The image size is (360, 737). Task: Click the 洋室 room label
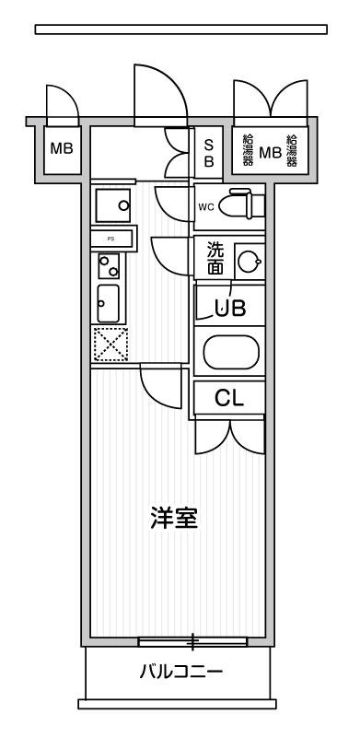pyautogui.click(x=173, y=518)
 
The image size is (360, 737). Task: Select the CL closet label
pyautogui.click(x=227, y=399)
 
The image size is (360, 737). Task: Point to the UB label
pyautogui.click(x=230, y=309)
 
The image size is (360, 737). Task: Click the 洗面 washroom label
pyautogui.click(x=214, y=258)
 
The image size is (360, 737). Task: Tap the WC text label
pyautogui.click(x=205, y=206)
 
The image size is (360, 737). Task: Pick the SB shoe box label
pyautogui.click(x=208, y=152)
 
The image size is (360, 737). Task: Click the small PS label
pyautogui.click(x=112, y=239)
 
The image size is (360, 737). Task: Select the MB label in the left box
pyautogui.click(x=61, y=148)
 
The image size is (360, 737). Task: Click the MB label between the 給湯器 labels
pyautogui.click(x=271, y=152)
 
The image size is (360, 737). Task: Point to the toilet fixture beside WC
pyautogui.click(x=242, y=204)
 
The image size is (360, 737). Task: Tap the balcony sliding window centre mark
pyautogui.click(x=192, y=639)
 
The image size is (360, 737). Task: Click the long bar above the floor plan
pyautogui.click(x=180, y=29)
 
